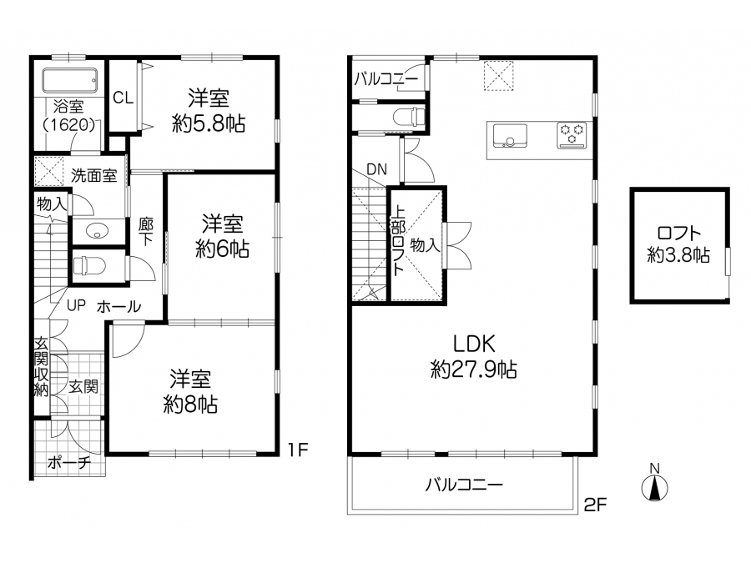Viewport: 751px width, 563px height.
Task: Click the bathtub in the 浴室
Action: (70, 80)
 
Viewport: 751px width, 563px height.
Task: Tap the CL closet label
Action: (123, 98)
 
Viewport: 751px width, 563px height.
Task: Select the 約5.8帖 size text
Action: (209, 124)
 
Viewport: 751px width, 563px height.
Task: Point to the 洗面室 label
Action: (93, 176)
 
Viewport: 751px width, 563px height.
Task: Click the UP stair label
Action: (76, 305)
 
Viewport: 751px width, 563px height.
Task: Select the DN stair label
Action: (376, 169)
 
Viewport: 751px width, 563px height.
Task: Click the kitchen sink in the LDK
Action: (510, 135)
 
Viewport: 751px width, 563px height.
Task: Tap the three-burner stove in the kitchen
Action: (572, 134)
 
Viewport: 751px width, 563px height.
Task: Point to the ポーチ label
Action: (70, 462)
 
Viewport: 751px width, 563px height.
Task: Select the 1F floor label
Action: (298, 450)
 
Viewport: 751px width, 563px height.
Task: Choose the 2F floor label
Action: (595, 505)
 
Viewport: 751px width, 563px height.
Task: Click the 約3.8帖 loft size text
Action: (678, 255)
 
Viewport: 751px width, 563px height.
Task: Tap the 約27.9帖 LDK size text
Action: (474, 369)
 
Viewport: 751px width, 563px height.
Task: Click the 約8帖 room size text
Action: (190, 405)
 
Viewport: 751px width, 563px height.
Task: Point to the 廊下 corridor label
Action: (146, 232)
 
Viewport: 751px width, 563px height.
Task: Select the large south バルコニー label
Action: (464, 485)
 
